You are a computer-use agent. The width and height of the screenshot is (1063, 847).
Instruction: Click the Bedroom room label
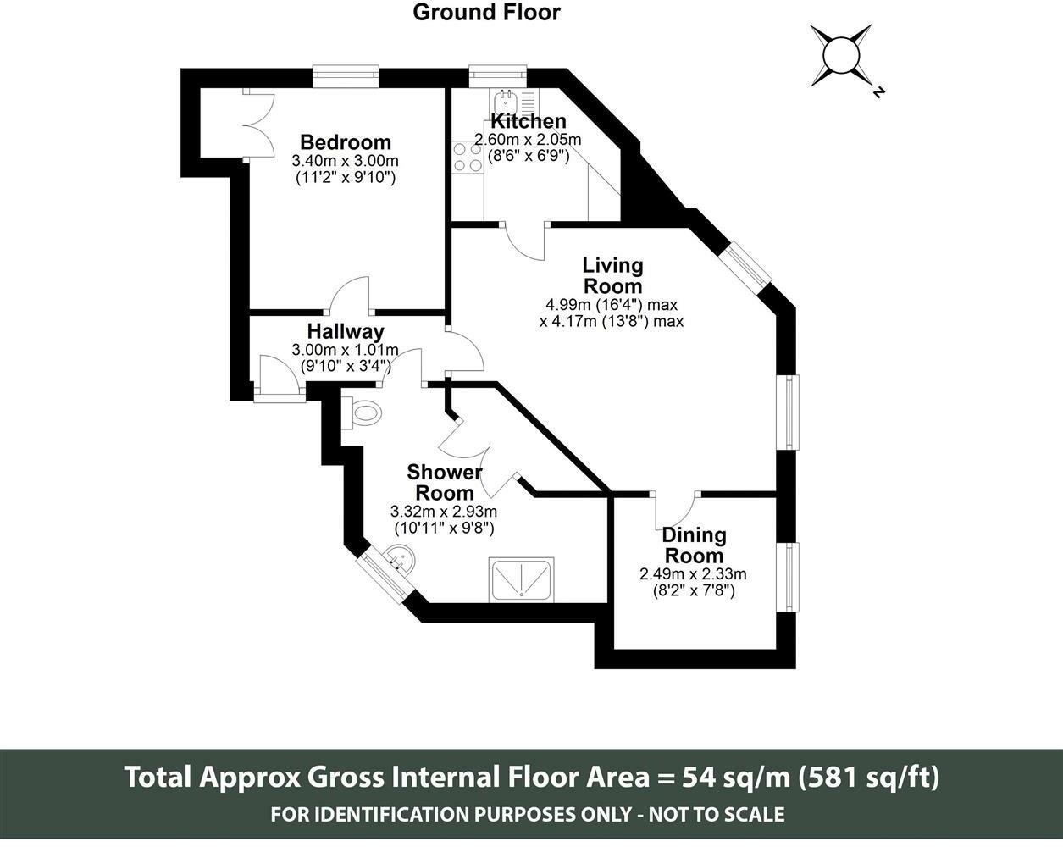point(346,142)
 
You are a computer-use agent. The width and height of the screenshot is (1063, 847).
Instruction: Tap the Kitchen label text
point(528,121)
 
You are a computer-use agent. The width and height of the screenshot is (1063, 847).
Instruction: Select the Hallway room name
point(346,331)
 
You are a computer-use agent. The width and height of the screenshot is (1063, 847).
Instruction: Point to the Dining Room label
point(694,545)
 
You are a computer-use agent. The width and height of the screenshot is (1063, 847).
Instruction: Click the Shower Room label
point(445,483)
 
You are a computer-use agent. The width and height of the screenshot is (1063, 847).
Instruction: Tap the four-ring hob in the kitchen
point(468,157)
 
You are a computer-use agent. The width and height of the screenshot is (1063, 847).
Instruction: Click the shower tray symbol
point(521,580)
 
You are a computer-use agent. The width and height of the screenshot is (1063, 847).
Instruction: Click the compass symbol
point(841,55)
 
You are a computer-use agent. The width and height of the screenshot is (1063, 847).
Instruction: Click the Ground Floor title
point(486,13)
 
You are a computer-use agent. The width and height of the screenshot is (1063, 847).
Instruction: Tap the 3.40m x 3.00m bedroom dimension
point(346,161)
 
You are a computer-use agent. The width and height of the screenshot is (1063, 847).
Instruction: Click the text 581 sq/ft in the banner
point(868,777)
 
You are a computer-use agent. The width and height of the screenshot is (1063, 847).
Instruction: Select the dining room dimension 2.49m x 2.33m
point(693,574)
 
